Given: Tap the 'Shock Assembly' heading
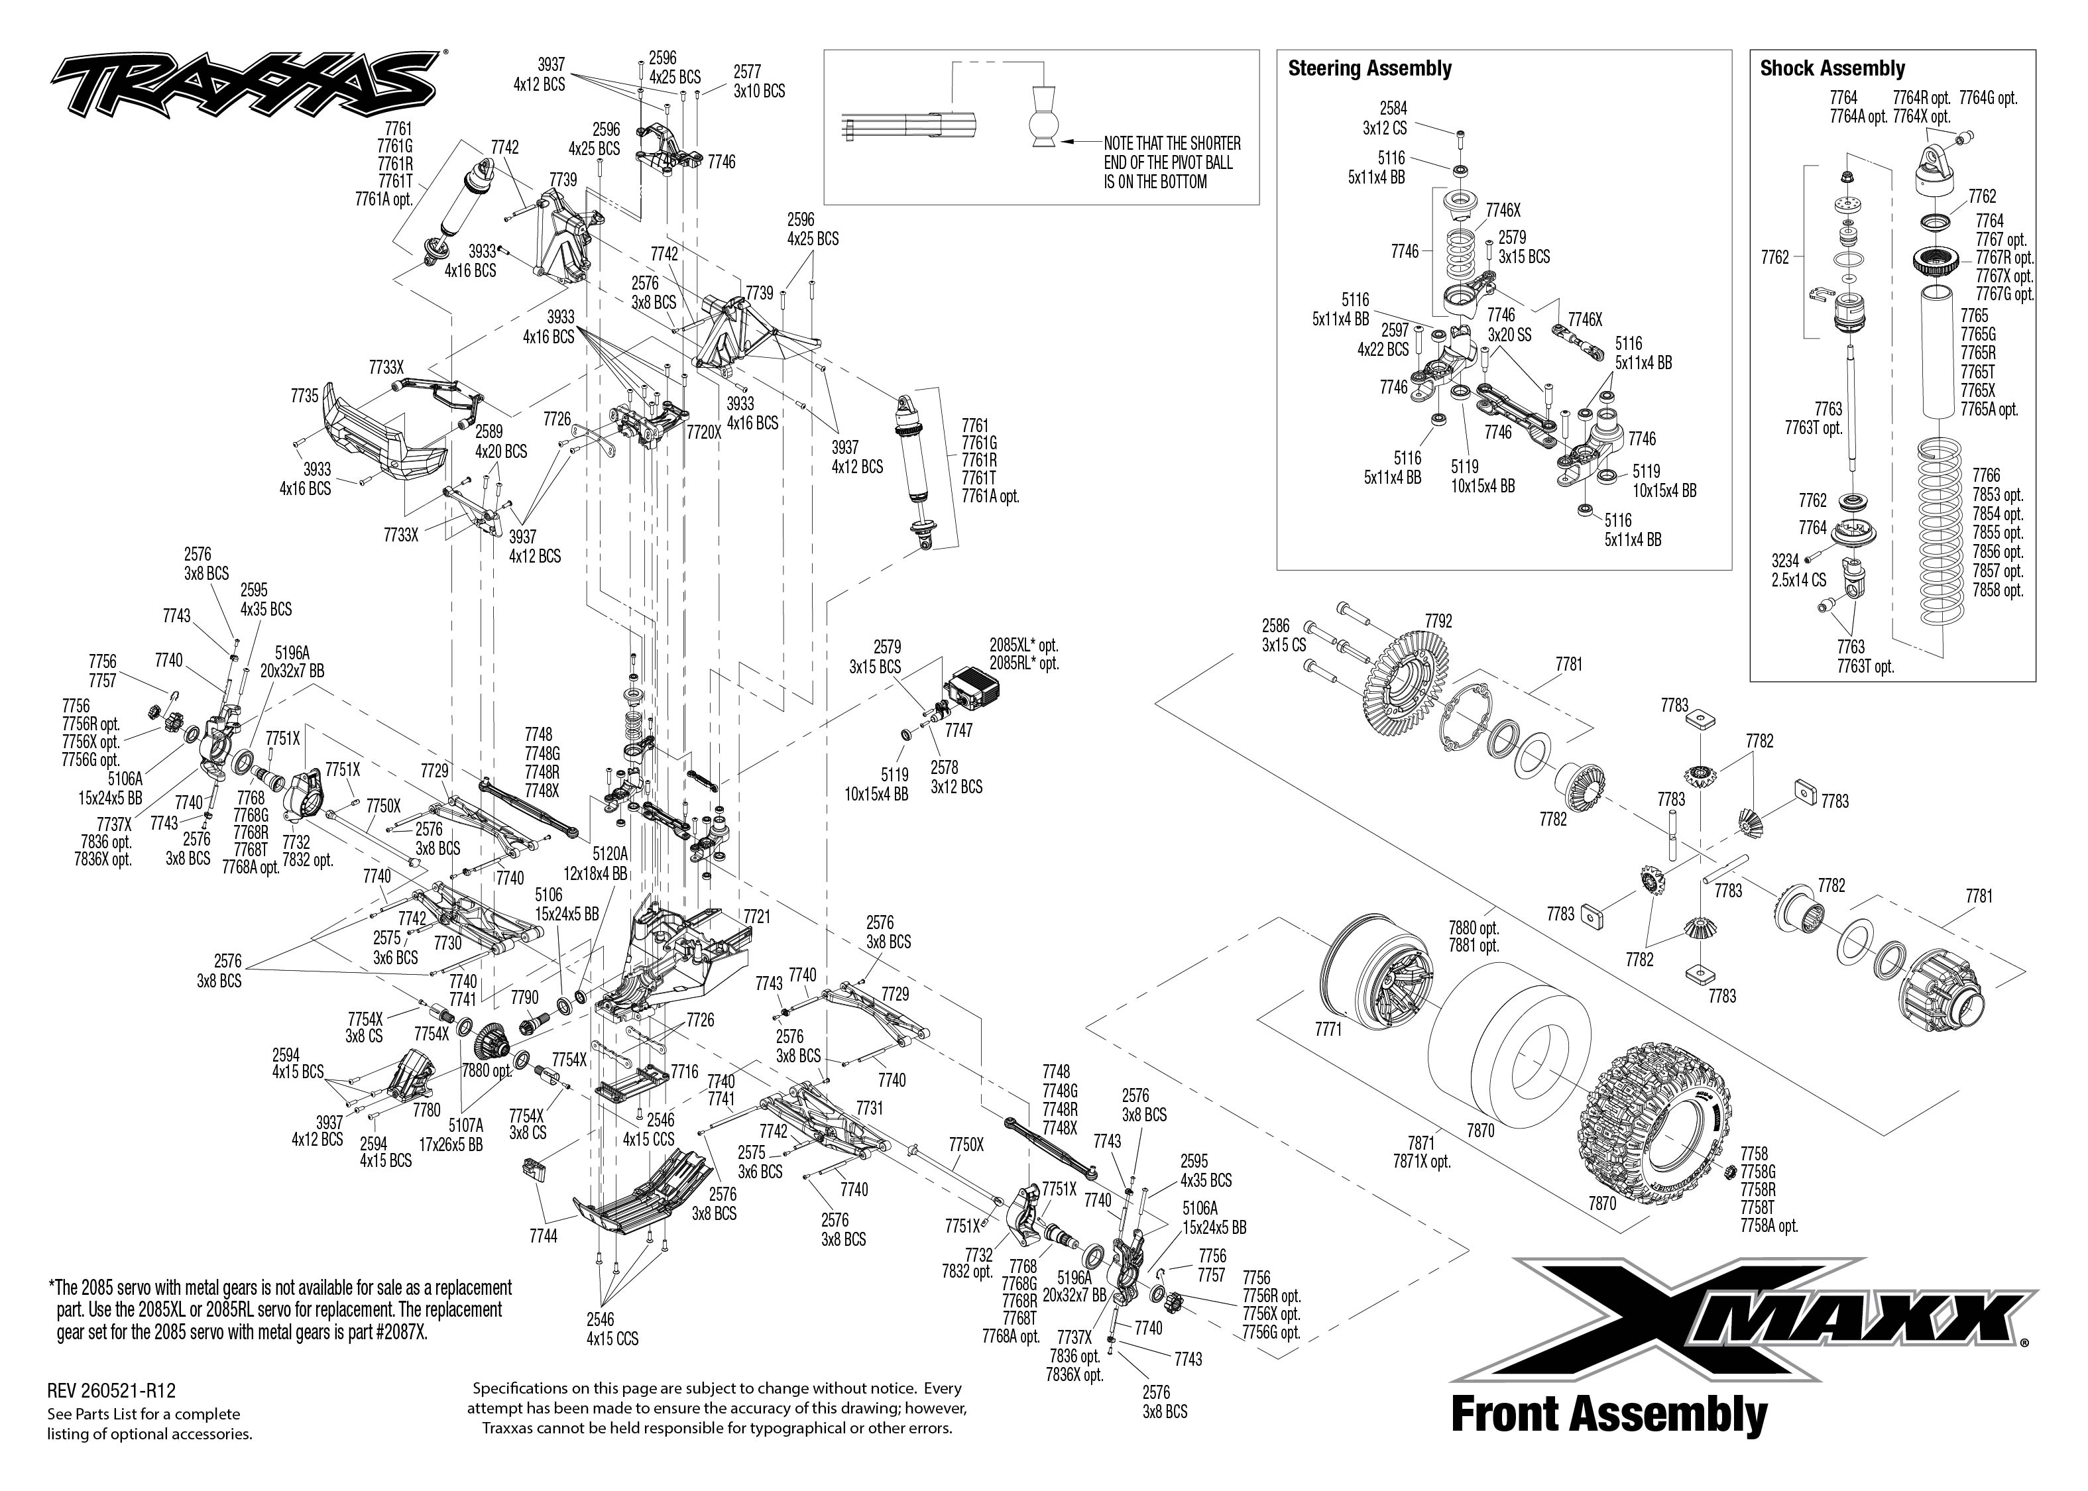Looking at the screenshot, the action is click(x=1832, y=69).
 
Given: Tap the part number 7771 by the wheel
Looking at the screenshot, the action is click(x=1328, y=1029).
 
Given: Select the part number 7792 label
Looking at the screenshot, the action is click(x=1438, y=621).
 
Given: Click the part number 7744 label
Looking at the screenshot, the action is click(x=544, y=1236).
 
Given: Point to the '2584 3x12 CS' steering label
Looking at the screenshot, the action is click(x=1385, y=117).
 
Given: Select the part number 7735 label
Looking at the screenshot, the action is click(x=305, y=396).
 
